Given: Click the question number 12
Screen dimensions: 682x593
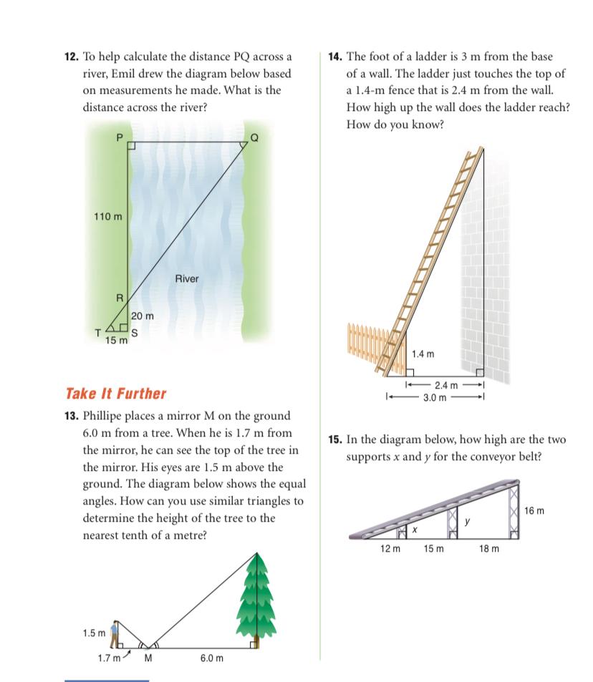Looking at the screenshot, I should (73, 57).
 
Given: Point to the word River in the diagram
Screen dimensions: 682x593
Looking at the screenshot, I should (186, 278).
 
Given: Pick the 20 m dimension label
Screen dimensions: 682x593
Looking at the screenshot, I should (143, 316).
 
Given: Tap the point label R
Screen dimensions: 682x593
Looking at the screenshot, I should (120, 297).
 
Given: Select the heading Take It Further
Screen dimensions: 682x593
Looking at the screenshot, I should (115, 394).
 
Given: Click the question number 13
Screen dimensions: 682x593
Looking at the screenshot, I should (73, 416).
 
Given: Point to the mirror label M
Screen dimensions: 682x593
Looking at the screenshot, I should (150, 658).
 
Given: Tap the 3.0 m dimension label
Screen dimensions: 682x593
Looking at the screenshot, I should (433, 396).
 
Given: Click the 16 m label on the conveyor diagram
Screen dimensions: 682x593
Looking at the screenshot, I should (534, 511).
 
